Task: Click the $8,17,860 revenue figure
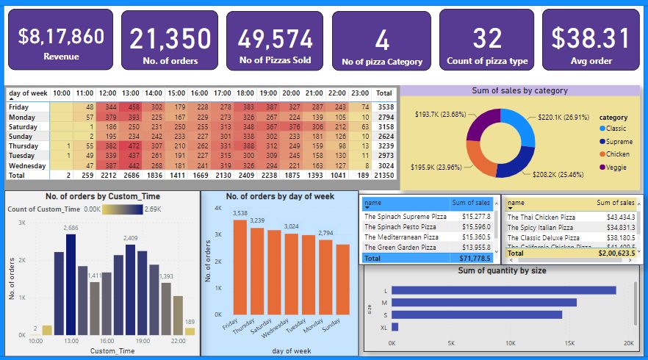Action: coord(60,37)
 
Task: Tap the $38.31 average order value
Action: coord(591,38)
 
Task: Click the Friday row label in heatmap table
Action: coord(20,107)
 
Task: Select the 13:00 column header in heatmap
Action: coord(131,93)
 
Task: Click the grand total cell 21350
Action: coord(384,176)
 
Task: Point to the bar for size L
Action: coord(503,290)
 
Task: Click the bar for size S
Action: coord(477,314)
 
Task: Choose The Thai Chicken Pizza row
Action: coord(542,217)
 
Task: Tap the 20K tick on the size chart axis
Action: coord(627,343)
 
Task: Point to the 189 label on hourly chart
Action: coord(190,322)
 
